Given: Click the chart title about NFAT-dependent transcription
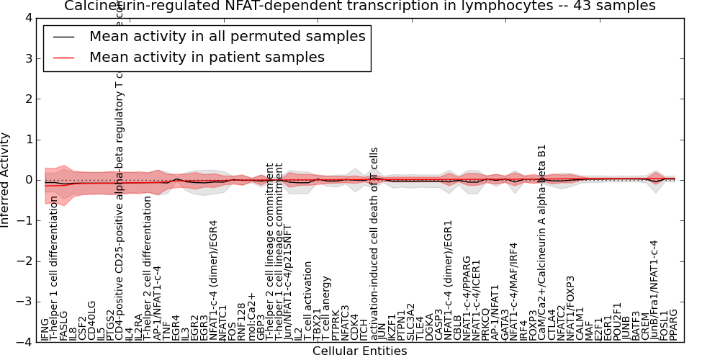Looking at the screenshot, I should coord(359,6).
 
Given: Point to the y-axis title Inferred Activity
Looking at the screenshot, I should coord(6,180).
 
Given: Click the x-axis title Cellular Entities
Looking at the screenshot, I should coord(359,351).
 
